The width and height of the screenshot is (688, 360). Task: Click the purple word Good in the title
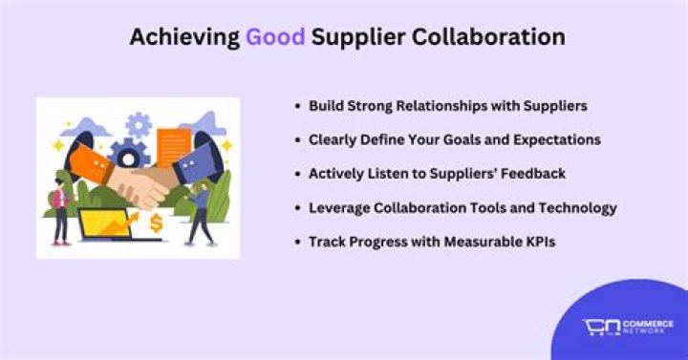[275, 37]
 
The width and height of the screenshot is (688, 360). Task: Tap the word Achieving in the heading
[183, 37]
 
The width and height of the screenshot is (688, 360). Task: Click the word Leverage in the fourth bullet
[339, 207]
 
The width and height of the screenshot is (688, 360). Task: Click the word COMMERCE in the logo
[650, 324]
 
